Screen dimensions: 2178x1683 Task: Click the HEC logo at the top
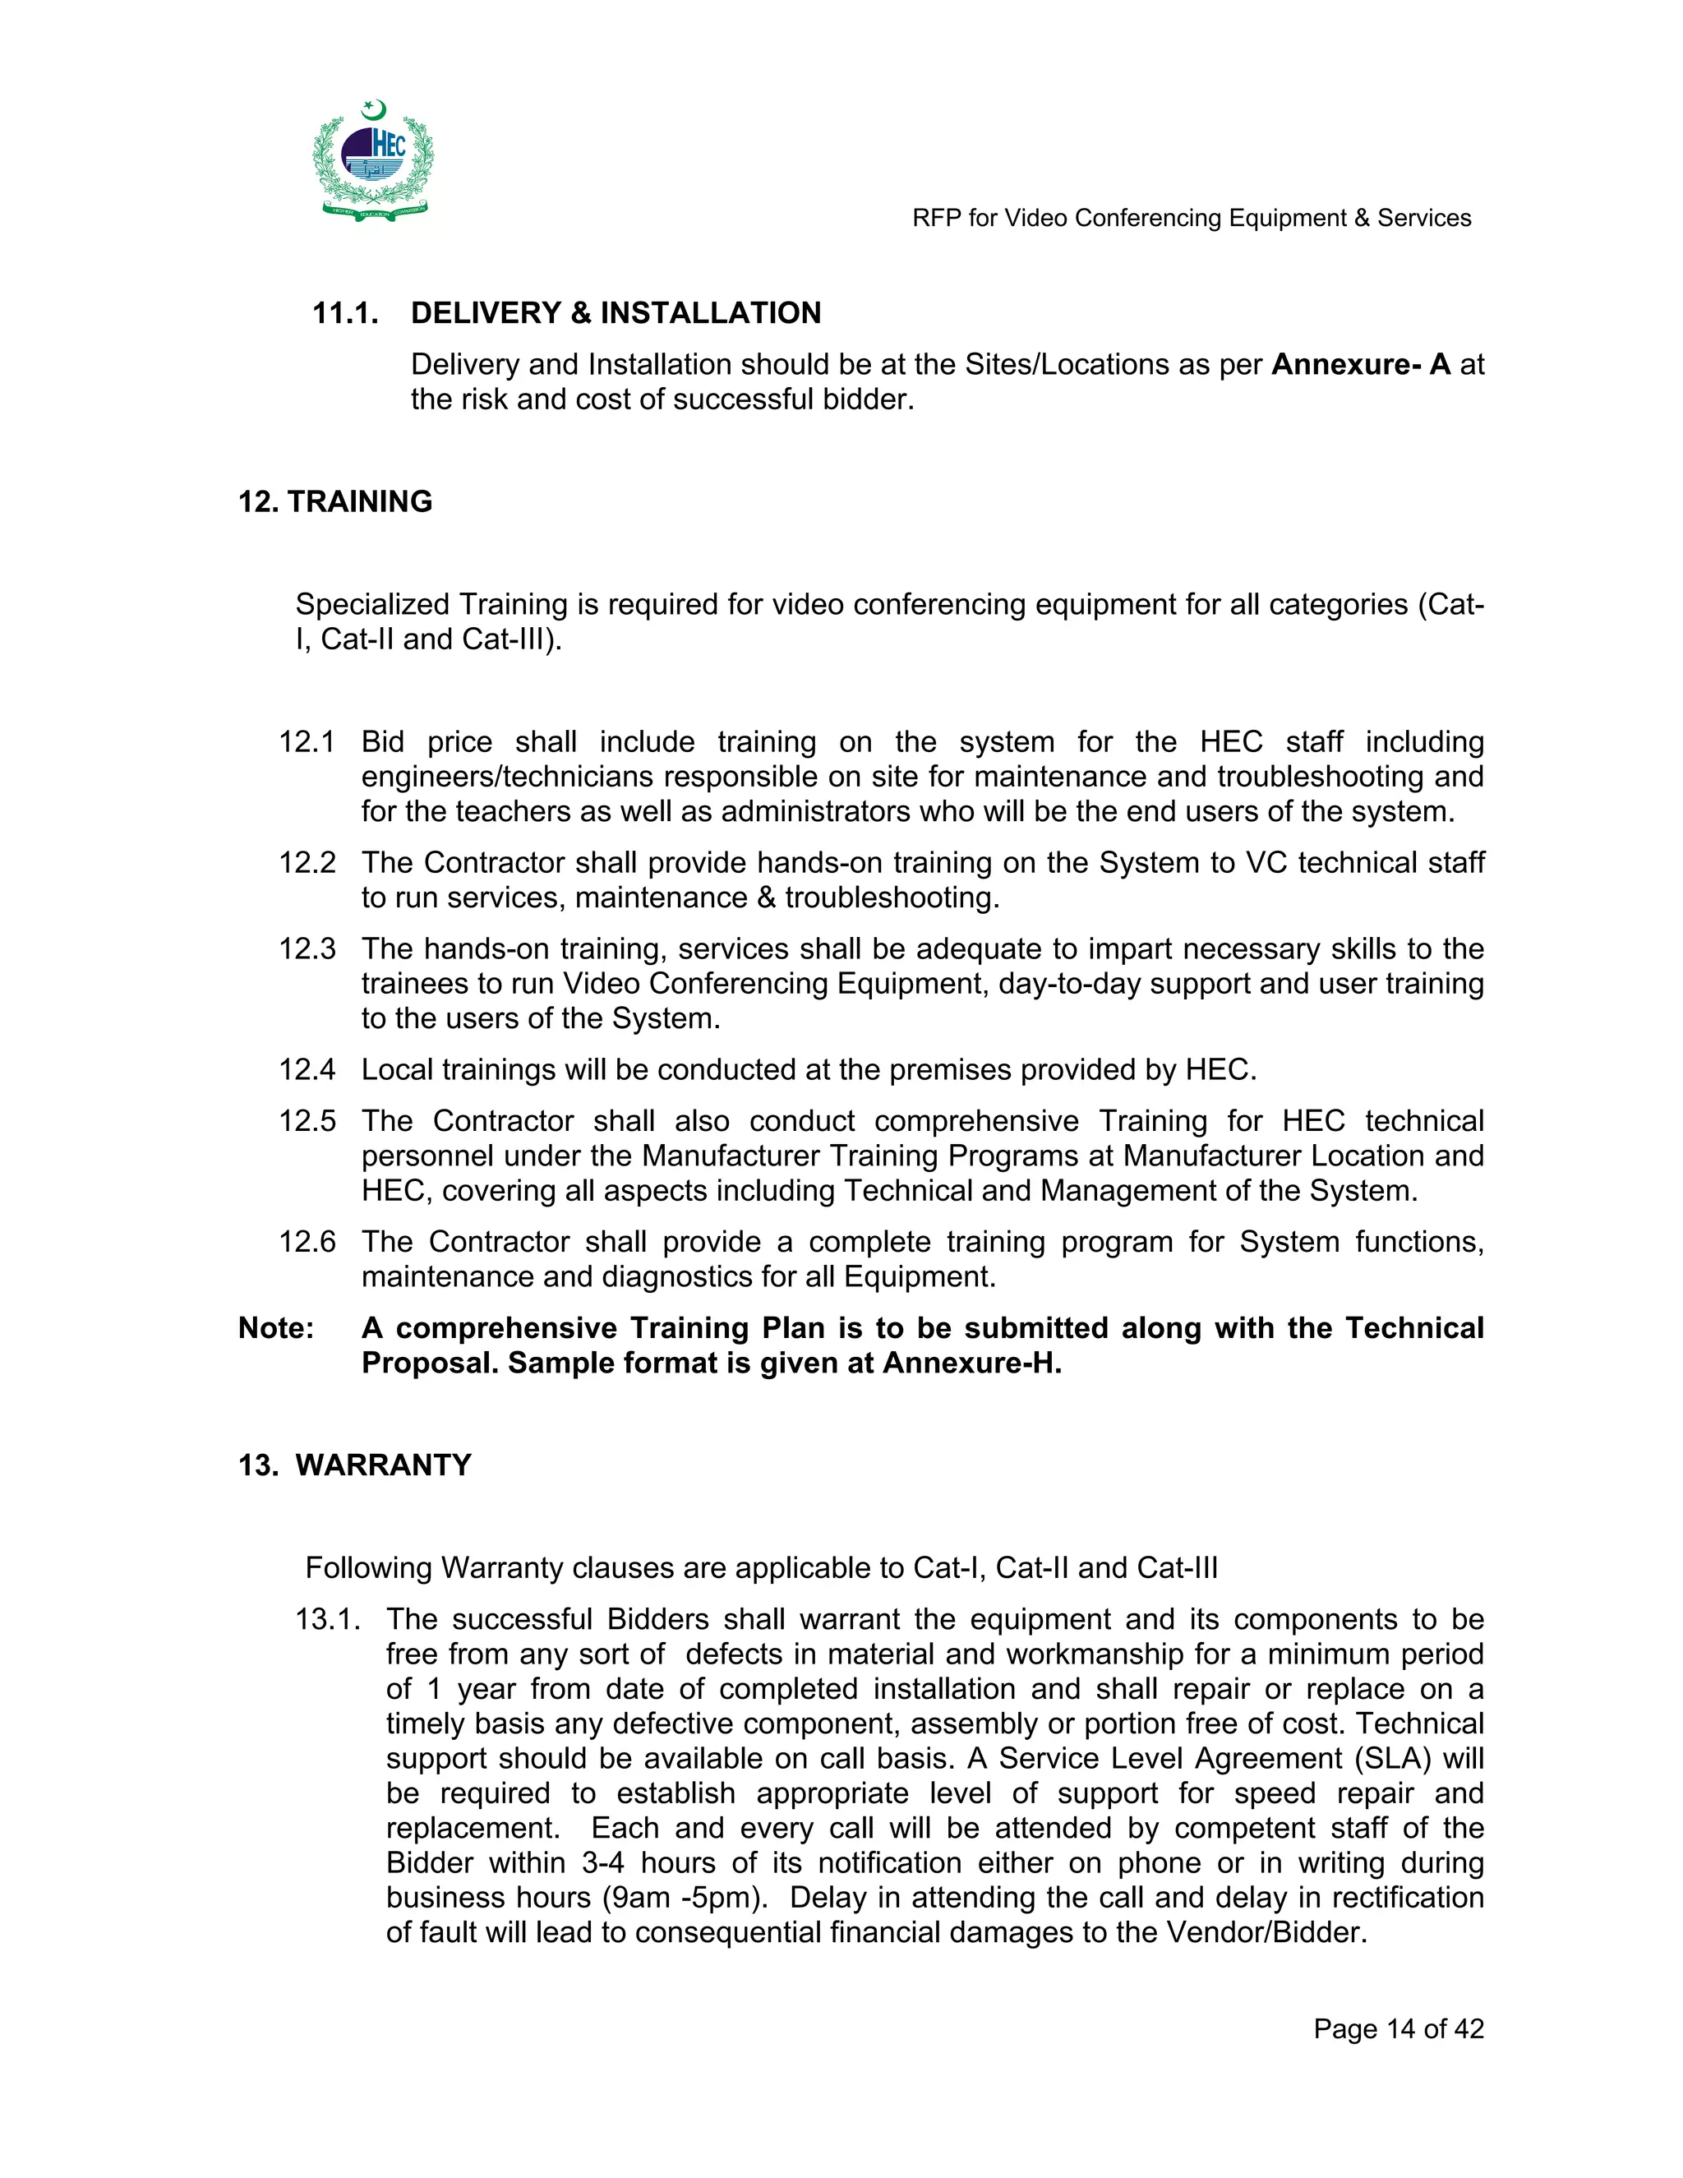[374, 159]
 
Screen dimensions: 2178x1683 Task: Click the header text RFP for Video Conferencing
[1191, 219]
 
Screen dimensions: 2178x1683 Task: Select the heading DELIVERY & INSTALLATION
[616, 313]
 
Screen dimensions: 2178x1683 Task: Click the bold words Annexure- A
[1360, 364]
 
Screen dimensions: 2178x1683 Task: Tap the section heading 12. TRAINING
[335, 501]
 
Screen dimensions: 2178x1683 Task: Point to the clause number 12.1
[306, 742]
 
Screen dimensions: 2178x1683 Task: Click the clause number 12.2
[306, 863]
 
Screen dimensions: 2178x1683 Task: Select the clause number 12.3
[306, 948]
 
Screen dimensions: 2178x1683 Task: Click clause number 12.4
[306, 1070]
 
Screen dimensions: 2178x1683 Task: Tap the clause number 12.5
[306, 1121]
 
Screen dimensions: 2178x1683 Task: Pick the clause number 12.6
[306, 1242]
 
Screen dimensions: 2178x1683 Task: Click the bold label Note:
[275, 1328]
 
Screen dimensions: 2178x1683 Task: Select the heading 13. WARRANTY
[354, 1465]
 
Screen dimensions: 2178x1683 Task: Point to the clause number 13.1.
[326, 1620]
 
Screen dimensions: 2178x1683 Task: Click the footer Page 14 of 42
[1398, 2029]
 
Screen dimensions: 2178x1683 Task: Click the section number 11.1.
[345, 313]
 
